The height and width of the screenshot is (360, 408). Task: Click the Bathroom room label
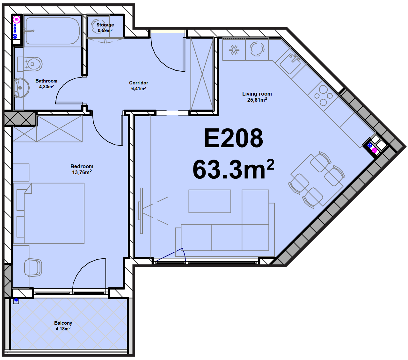[46, 81]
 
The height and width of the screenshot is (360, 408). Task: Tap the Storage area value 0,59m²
[105, 30]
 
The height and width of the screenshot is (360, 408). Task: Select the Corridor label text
[139, 83]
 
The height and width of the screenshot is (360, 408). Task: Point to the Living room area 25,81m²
[257, 99]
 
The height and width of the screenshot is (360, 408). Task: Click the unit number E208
[233, 138]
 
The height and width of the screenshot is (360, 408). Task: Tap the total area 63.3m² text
[233, 169]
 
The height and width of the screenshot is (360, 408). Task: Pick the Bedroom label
[82, 166]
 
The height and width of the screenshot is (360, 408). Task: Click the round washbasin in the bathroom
[21, 88]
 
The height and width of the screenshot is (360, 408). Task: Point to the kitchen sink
[290, 64]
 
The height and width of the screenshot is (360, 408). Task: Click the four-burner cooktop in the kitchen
[323, 96]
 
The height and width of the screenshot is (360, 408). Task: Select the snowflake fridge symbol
[234, 49]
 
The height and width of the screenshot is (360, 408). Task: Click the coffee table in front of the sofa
[210, 201]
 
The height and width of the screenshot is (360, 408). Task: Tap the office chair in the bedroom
[33, 267]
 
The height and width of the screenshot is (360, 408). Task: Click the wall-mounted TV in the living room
[141, 211]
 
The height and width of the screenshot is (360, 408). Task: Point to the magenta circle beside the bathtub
[17, 19]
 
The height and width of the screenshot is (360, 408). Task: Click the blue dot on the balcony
[16, 300]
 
